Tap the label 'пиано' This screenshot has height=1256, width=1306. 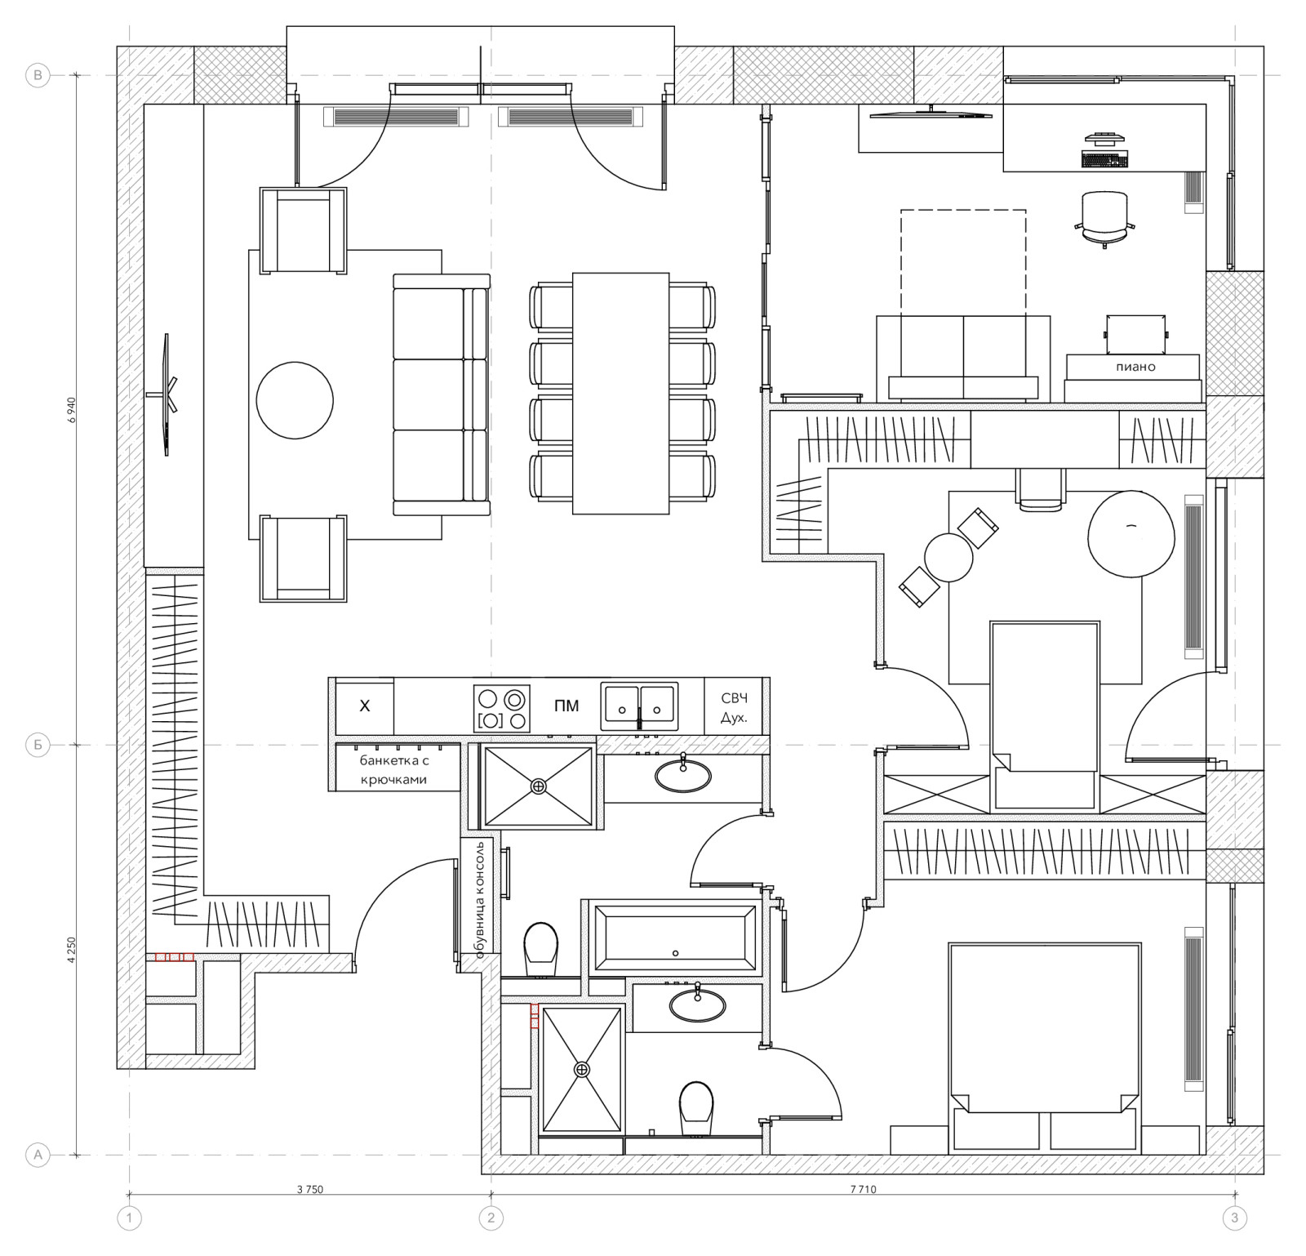1135,367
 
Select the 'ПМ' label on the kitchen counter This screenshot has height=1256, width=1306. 566,706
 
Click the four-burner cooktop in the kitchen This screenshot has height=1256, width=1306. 502,708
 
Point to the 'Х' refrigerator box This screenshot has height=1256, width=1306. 365,706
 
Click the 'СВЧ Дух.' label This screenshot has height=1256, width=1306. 734,708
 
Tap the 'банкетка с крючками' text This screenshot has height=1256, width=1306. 394,769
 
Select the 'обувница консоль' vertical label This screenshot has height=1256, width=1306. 481,898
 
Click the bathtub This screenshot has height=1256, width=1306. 674,938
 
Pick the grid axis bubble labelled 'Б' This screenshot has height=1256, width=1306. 38,745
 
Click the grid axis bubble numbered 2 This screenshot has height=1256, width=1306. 491,1218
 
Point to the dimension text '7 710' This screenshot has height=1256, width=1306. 862,1190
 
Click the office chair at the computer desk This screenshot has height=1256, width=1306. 1105,218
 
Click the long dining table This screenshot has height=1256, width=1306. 621,393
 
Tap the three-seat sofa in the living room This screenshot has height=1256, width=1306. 442,394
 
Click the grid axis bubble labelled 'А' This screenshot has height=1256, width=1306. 38,1155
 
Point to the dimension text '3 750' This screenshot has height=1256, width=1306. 310,1190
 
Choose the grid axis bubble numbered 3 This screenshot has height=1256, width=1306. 1234,1218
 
